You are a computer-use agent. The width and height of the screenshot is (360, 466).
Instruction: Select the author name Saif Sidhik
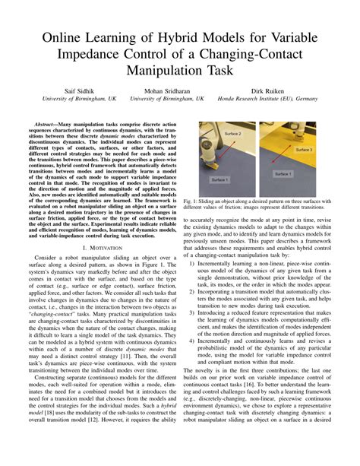click(x=63, y=90)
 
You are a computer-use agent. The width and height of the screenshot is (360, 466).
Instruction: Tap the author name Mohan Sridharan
click(x=168, y=90)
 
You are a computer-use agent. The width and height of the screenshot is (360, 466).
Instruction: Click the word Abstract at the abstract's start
click(x=51, y=123)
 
